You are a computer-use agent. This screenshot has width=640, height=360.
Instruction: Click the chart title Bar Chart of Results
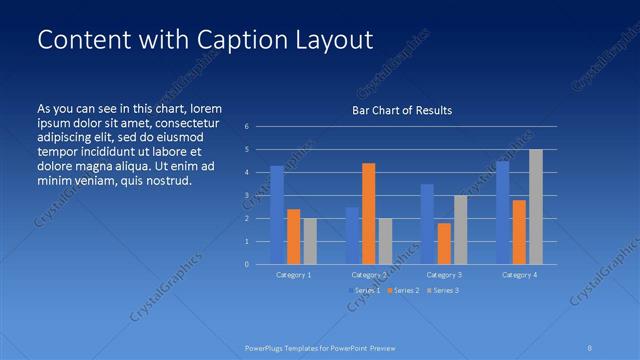coord(402,110)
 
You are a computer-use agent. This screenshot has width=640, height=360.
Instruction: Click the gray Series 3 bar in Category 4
coord(536,206)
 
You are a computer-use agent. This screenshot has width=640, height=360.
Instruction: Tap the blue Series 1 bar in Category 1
coord(277,215)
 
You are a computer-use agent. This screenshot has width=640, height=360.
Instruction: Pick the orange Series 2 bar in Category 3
coord(444,243)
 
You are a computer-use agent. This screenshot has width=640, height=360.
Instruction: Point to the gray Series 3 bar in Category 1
coord(310,241)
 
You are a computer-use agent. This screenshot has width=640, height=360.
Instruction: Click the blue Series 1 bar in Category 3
coord(427,224)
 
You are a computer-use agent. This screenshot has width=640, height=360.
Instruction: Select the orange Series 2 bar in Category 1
coord(293,236)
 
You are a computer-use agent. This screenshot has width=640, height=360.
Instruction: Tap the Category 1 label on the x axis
coord(293,274)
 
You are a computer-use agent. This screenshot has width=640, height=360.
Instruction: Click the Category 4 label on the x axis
coord(519,274)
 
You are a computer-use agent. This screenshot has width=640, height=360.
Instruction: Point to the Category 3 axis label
coord(444,274)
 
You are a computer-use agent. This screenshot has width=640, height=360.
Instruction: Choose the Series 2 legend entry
coord(404,290)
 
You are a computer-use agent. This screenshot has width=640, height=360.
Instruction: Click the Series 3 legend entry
coord(443,290)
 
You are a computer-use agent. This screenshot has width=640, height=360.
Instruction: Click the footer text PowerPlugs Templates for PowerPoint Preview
coord(320,347)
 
